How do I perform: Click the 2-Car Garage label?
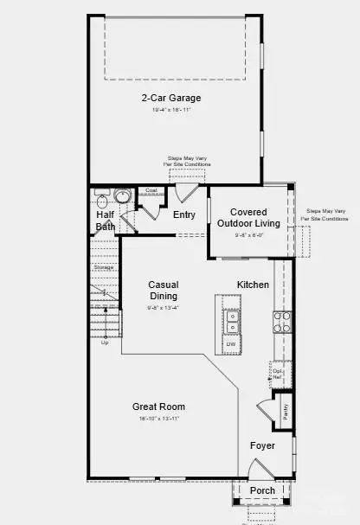tap(175, 98)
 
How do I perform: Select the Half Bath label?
tap(106, 221)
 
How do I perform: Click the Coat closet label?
tap(151, 190)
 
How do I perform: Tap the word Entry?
tap(184, 214)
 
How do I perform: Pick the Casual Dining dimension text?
tap(163, 308)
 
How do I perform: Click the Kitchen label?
tap(254, 285)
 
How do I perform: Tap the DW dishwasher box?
tap(231, 344)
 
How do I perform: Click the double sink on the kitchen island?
tap(231, 321)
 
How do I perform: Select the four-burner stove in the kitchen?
tap(282, 322)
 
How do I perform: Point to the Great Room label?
tap(158, 407)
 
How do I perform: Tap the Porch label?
tap(262, 490)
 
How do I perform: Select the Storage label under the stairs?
tap(102, 267)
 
